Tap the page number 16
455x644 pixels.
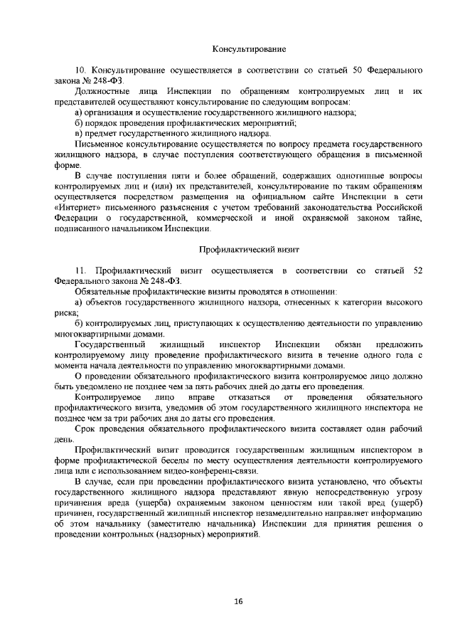coord(238,601)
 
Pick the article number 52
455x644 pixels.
coord(418,271)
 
